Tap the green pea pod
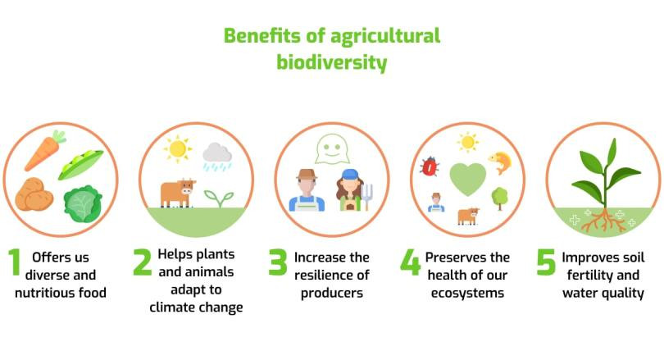click(x=80, y=164)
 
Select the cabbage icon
click(x=84, y=204)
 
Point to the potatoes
click(x=34, y=194)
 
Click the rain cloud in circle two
click(x=217, y=157)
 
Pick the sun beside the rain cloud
click(x=177, y=148)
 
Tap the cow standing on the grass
click(x=178, y=194)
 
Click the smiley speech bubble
click(x=332, y=149)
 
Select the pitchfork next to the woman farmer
click(x=367, y=197)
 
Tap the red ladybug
click(x=429, y=166)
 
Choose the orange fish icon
click(x=501, y=162)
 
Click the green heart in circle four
click(x=467, y=179)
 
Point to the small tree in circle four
click(x=500, y=198)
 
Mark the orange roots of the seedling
click(x=603, y=221)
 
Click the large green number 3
click(x=278, y=262)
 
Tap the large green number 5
click(x=546, y=262)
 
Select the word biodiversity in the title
click(x=331, y=62)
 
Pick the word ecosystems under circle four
click(x=467, y=293)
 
